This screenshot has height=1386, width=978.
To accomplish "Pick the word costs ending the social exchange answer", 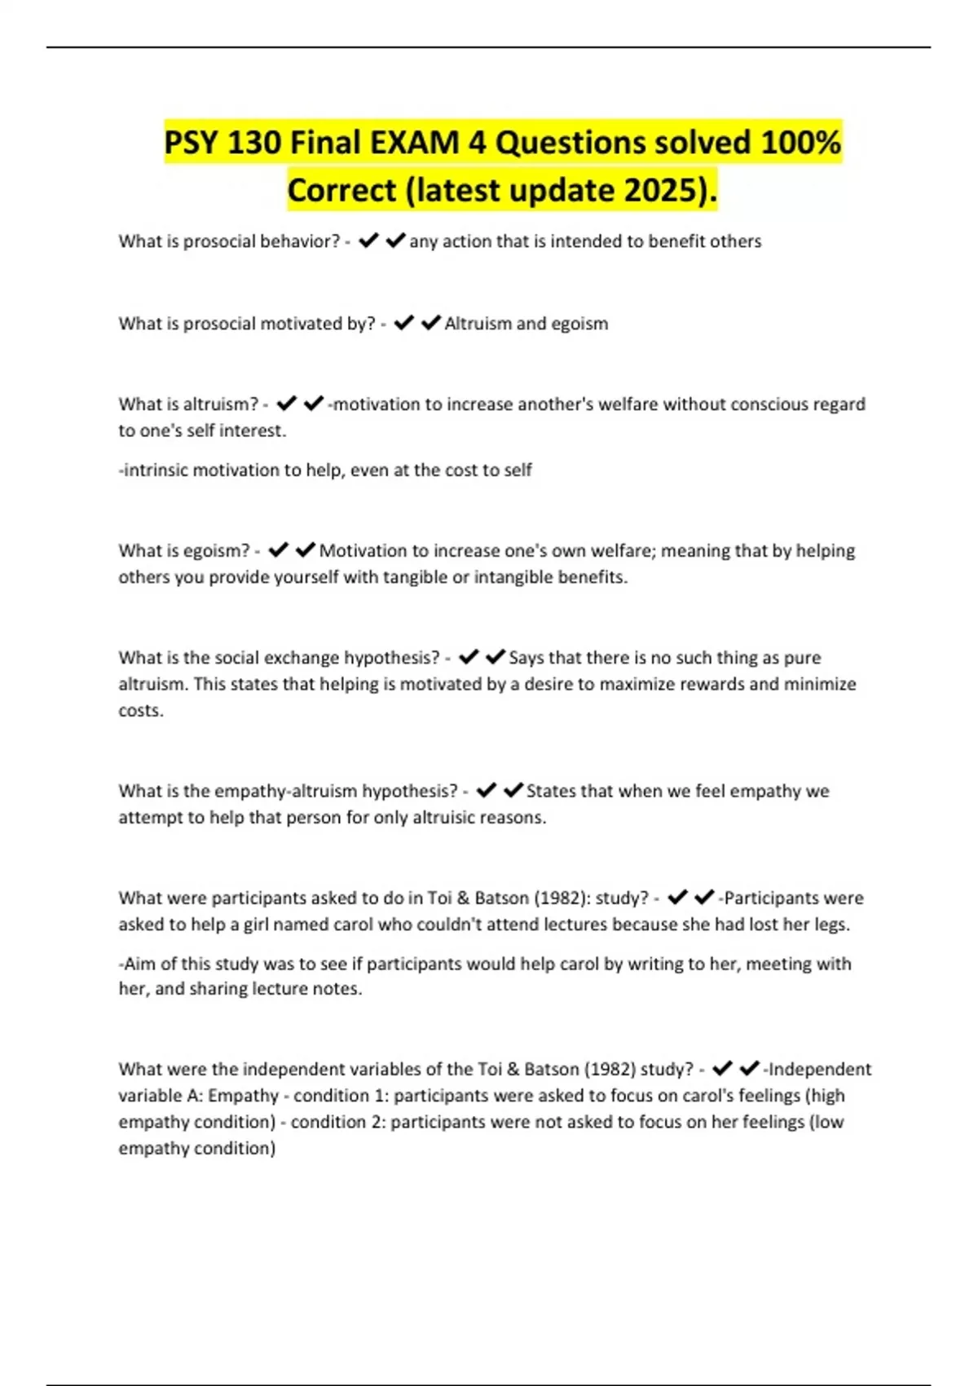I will (x=140, y=710).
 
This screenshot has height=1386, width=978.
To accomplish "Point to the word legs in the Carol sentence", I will (x=831, y=925).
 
